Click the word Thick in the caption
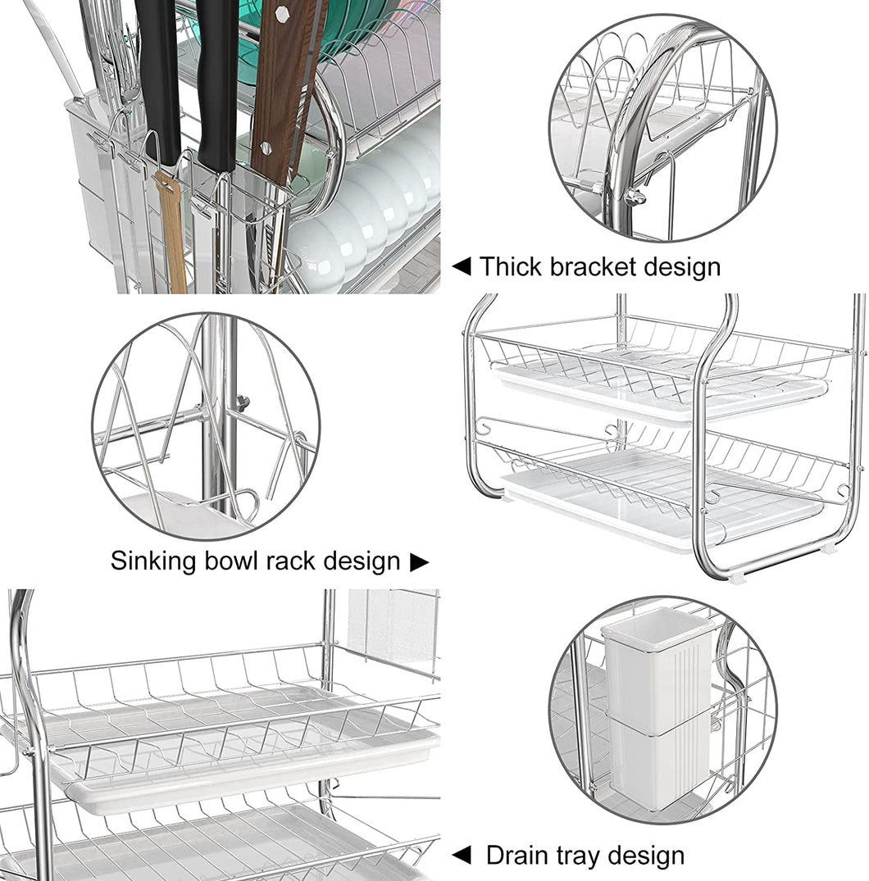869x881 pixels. click(x=506, y=267)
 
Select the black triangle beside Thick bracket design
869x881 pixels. click(x=462, y=266)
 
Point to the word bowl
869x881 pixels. click(x=233, y=561)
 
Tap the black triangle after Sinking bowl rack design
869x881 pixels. click(x=419, y=561)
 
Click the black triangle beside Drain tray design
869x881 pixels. click(x=462, y=856)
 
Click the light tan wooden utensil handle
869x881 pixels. click(x=172, y=229)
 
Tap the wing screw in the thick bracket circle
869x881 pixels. click(x=634, y=196)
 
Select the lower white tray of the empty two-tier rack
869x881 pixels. click(x=656, y=508)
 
